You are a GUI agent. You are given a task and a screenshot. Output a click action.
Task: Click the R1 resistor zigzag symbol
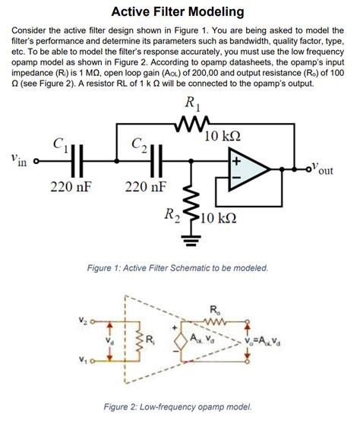click(188, 122)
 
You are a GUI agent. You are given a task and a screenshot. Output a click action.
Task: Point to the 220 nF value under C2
click(147, 187)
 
